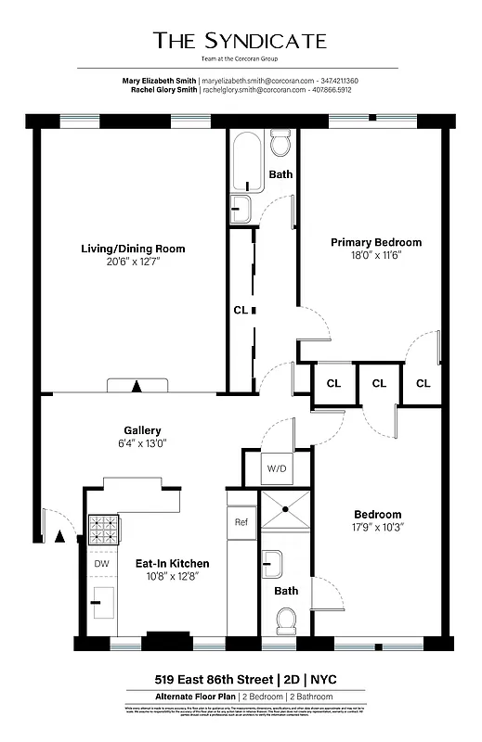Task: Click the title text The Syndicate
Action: [x=241, y=40]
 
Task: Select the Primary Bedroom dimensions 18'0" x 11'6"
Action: [x=376, y=257]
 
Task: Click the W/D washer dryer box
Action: [x=277, y=468]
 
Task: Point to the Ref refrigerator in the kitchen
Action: [x=241, y=522]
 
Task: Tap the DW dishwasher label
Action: [x=101, y=563]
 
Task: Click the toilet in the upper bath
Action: [x=280, y=143]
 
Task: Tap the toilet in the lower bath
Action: [x=286, y=619]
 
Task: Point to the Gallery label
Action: [x=143, y=430]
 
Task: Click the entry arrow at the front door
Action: [x=60, y=536]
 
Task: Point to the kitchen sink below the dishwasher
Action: [x=101, y=603]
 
